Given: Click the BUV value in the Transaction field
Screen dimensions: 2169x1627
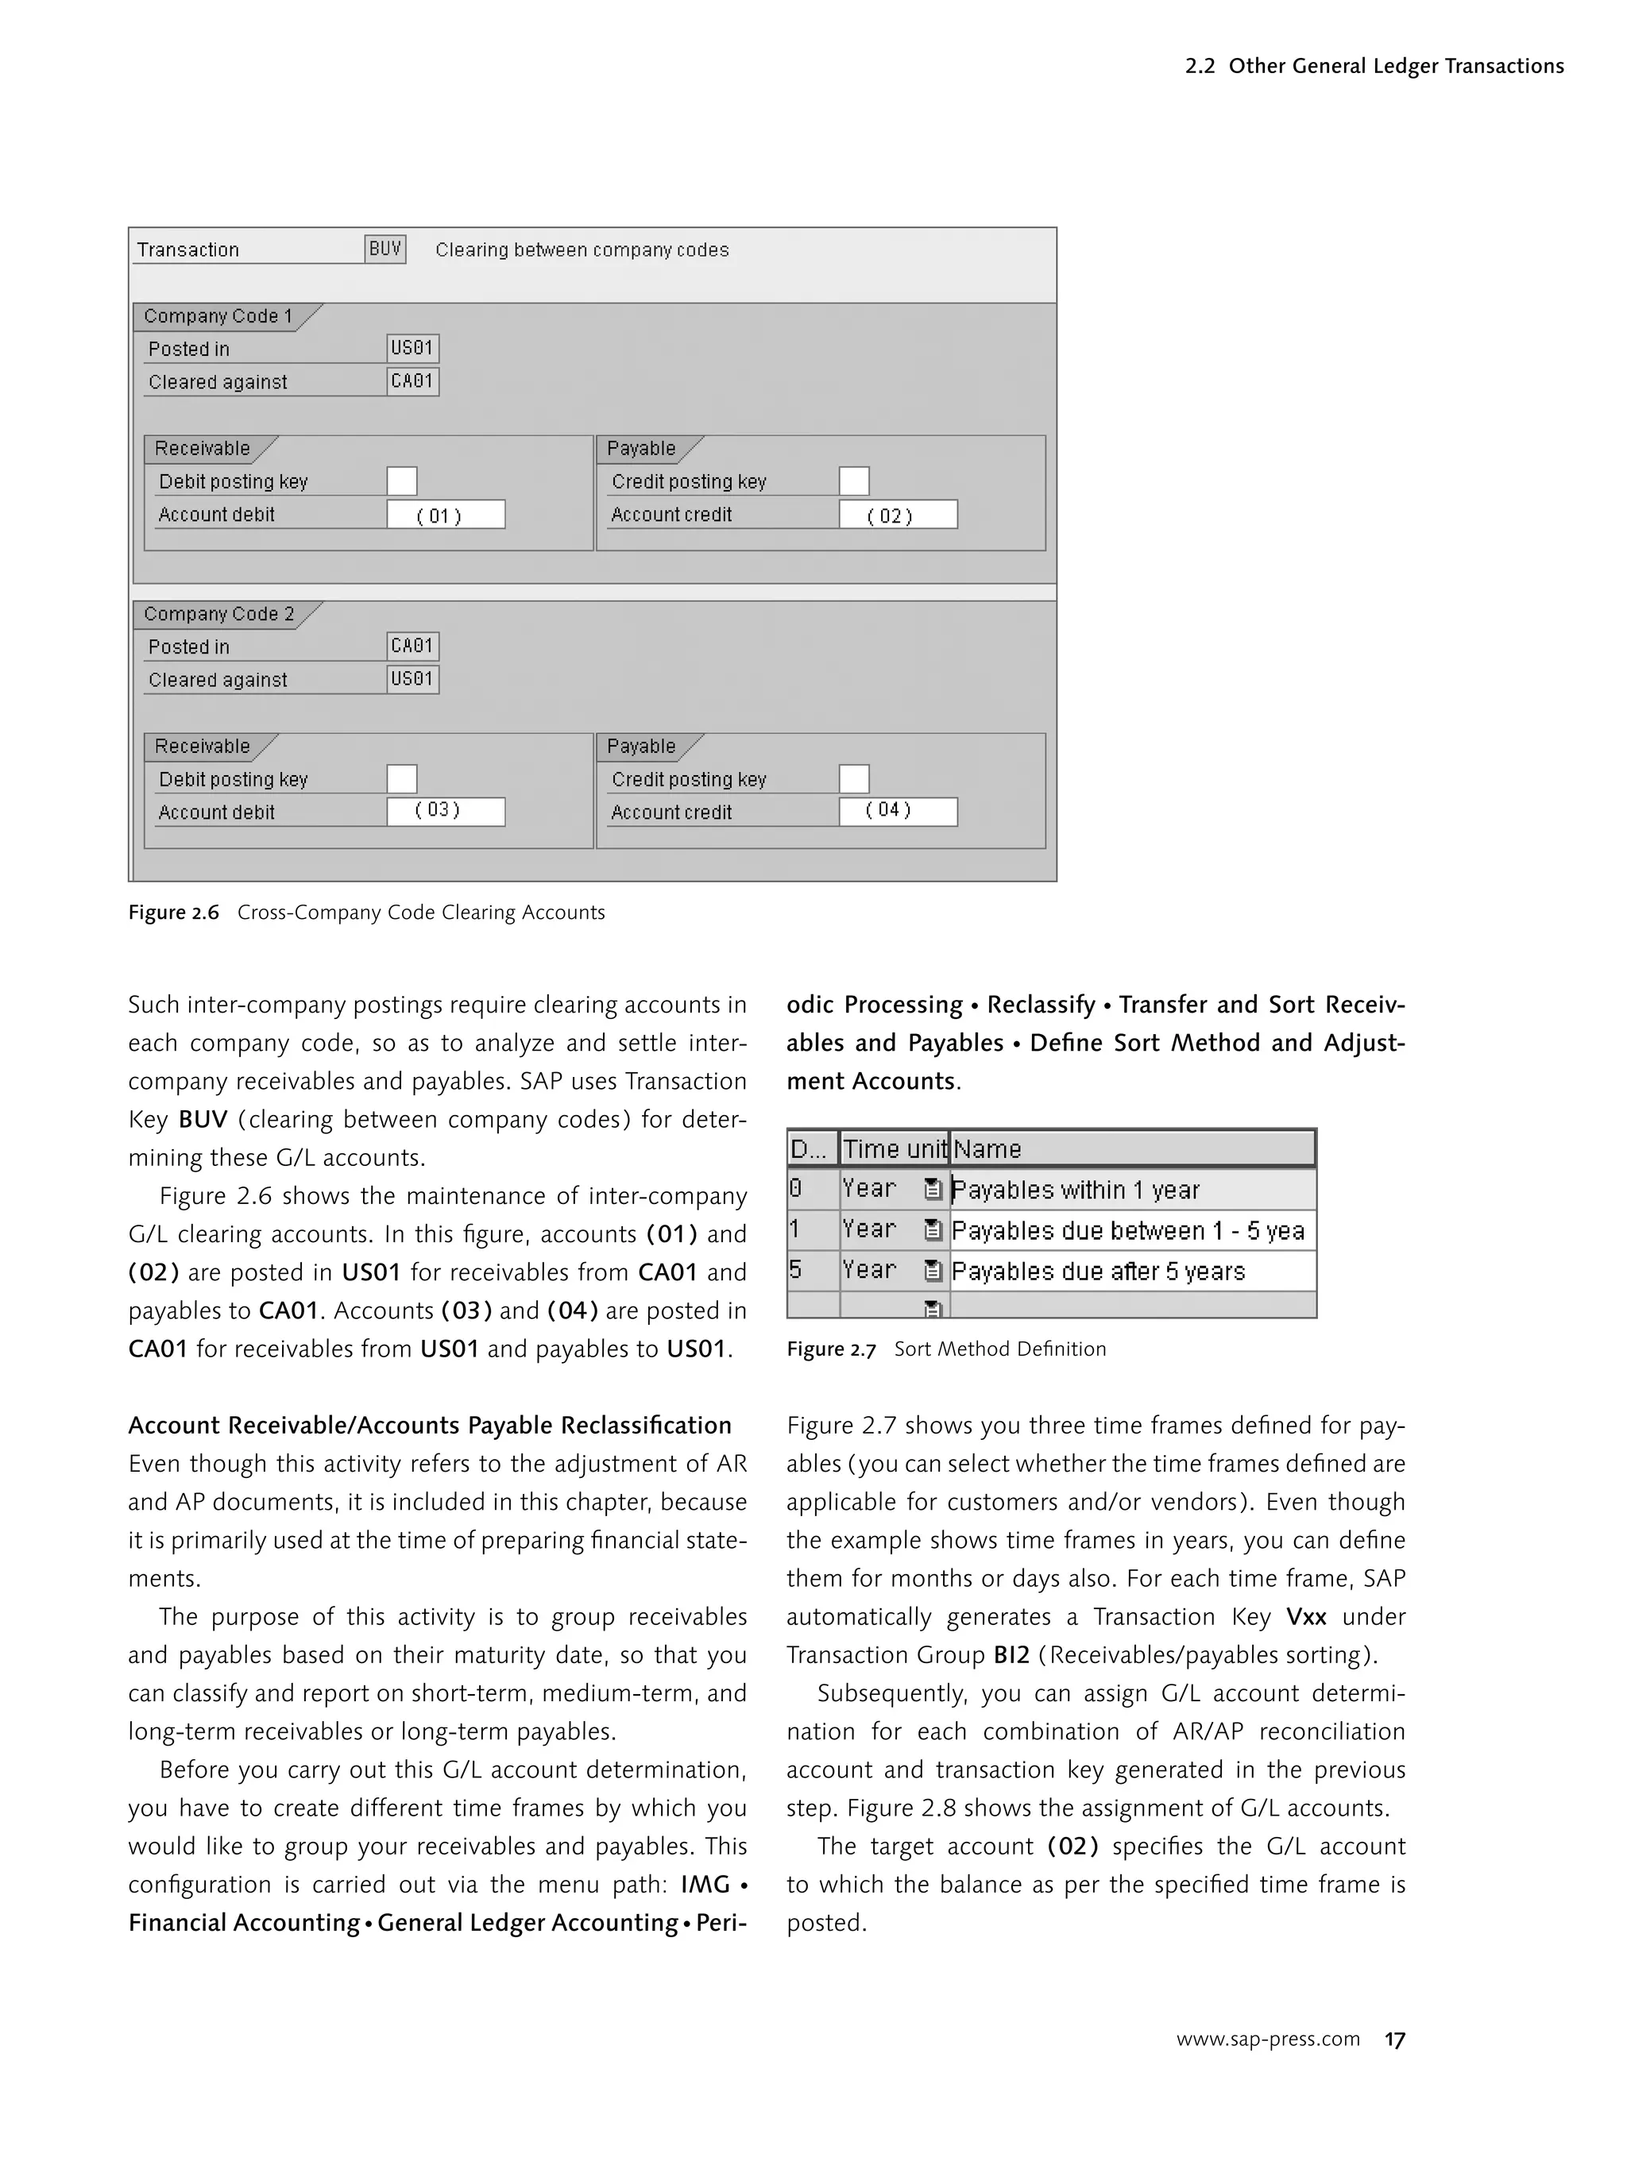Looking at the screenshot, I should pos(385,249).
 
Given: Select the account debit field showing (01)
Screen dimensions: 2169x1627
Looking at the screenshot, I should pos(445,515).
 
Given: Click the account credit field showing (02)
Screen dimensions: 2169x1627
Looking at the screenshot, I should pos(898,515).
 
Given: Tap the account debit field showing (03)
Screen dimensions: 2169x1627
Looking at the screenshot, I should pos(445,812).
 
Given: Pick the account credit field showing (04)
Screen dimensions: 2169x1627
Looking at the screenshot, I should pos(898,812).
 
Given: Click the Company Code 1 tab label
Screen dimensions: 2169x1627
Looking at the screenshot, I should pos(218,316).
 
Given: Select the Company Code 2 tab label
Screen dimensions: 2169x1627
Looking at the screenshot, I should pos(218,614).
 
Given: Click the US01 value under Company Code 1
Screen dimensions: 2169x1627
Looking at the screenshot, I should pos(412,348).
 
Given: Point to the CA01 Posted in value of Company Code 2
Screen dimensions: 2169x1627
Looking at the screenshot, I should pos(412,646).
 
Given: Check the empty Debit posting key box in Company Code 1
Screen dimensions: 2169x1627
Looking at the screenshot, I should pos(401,481).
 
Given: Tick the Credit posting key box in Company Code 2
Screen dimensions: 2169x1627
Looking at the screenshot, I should pos(853,780).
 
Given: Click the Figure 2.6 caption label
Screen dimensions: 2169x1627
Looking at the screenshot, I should pos(174,913).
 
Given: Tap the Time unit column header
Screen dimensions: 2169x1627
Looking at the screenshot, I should pos(894,1149).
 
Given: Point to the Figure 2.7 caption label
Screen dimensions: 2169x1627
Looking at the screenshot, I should pos(831,1349).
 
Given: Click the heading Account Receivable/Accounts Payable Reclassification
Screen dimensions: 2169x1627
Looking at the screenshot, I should pos(430,1425).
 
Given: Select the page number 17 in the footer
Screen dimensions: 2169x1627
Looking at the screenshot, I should pos(1393,2040).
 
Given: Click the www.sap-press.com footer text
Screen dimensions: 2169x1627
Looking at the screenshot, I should pos(1267,2040).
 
